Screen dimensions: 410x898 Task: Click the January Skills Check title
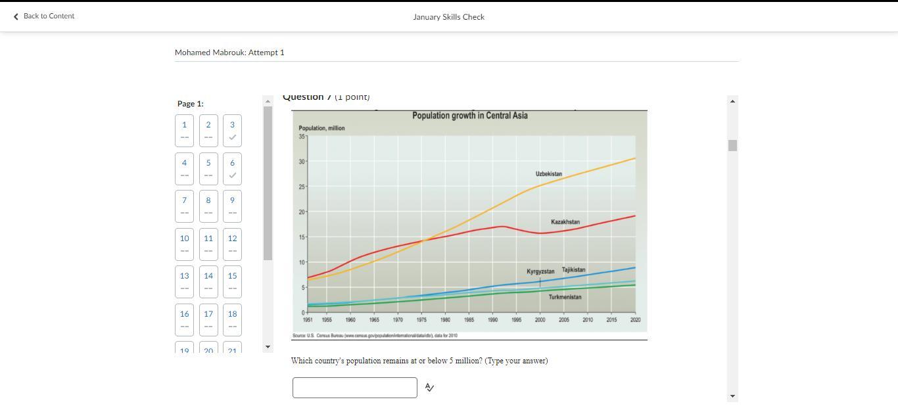448,17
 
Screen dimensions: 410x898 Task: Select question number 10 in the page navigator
184,244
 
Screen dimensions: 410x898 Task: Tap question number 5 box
208,168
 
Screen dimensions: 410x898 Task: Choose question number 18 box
232,319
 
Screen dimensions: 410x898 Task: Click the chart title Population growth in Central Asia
469,116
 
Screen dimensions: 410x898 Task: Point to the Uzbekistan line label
548,174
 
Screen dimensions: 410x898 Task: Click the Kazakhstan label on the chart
565,222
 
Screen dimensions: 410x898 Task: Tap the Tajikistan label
573,270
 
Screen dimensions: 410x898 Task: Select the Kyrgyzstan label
540,271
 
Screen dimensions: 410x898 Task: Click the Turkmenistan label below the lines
565,297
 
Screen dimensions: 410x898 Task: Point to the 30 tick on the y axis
302,162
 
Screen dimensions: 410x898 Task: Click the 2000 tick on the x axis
540,320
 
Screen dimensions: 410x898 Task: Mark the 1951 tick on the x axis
308,320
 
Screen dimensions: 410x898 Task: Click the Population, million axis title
321,128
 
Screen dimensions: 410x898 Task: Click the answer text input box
354,388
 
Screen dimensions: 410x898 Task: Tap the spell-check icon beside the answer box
429,388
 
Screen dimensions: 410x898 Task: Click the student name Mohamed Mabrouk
210,53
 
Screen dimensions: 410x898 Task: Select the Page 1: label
190,104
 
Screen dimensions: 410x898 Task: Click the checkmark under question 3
232,137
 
